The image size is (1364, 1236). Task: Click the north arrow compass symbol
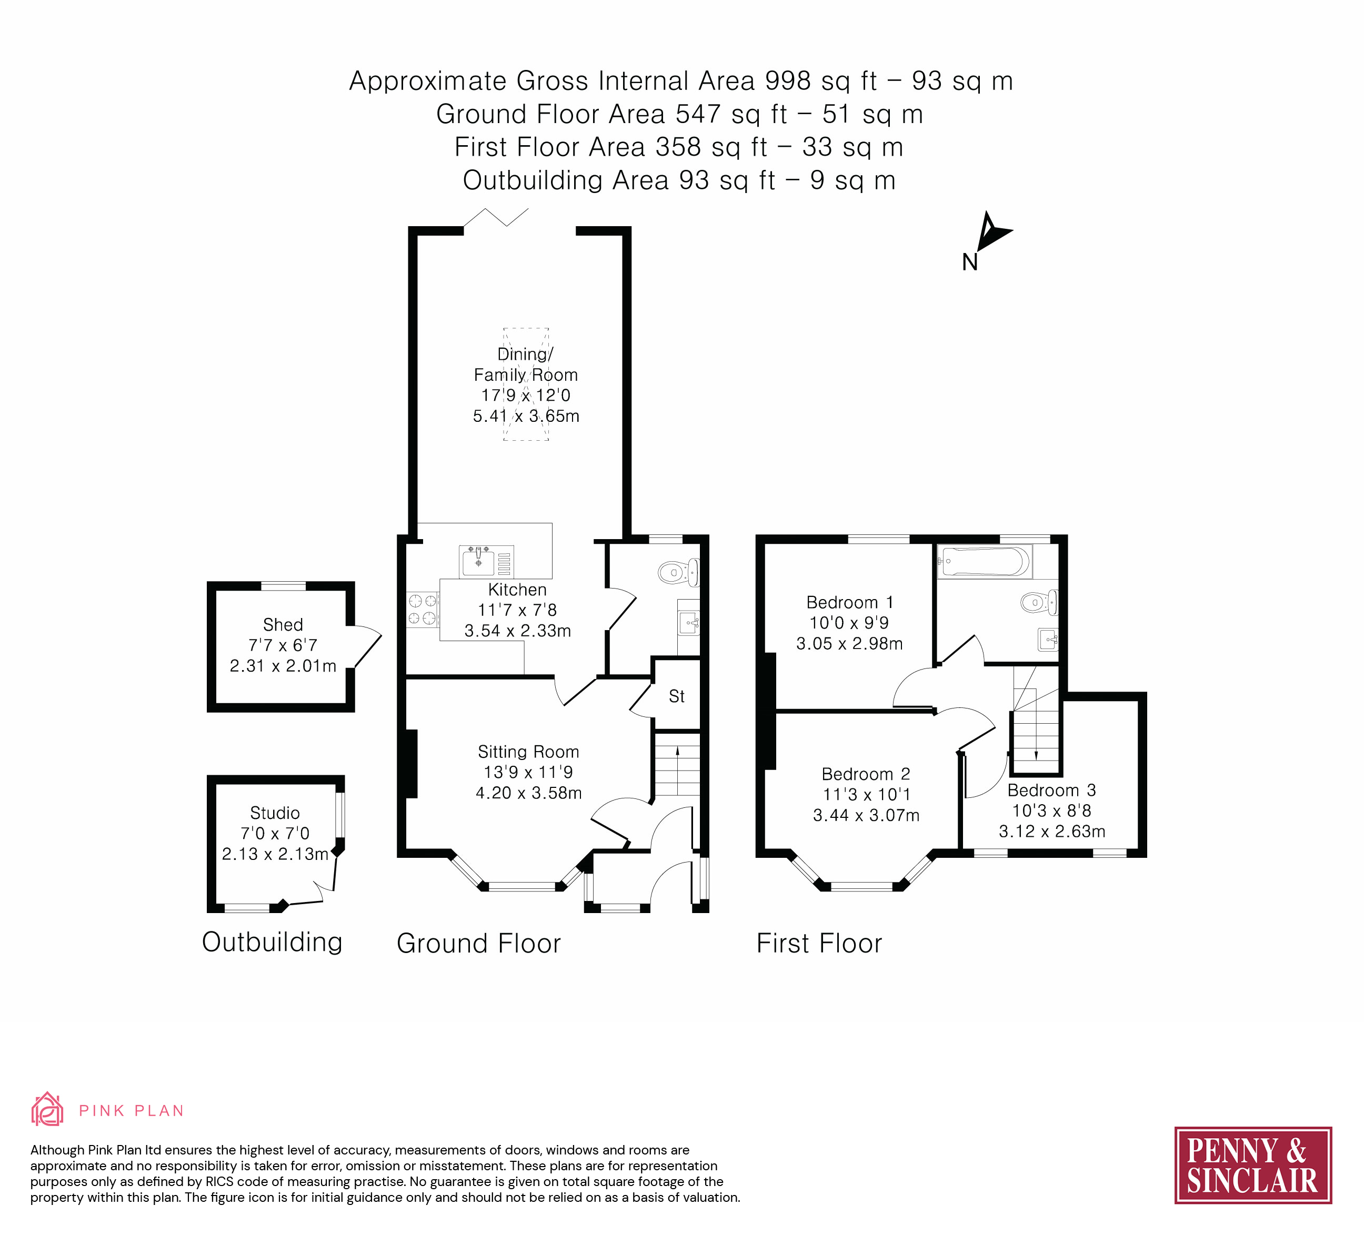992,232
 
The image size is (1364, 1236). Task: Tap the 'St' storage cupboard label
677,696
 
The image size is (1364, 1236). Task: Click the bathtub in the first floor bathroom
985,562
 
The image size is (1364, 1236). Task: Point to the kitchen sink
478,562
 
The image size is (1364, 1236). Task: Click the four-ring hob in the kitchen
422,609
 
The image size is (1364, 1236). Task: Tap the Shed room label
283,625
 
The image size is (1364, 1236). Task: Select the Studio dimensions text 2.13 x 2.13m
275,854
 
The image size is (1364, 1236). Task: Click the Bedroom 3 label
1051,790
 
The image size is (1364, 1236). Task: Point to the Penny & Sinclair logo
1252,1165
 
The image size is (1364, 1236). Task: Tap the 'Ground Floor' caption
478,943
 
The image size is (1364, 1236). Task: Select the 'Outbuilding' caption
272,942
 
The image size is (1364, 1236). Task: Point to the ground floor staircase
677,771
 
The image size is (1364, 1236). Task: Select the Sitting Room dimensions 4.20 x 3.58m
528,793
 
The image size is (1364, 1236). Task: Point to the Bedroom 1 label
850,602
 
